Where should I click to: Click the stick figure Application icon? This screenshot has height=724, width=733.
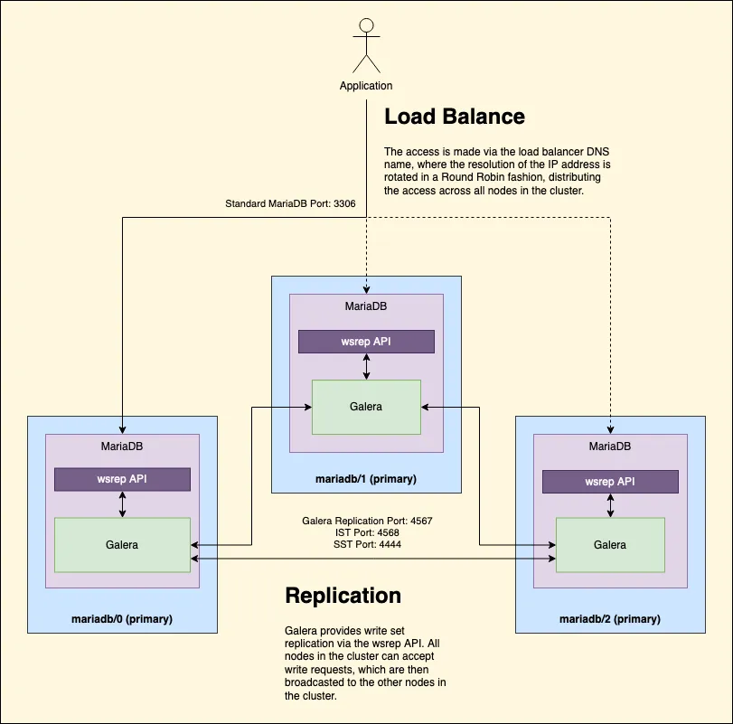366,45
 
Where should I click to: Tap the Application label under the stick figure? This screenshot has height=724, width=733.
366,86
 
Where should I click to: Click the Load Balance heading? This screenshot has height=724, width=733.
454,117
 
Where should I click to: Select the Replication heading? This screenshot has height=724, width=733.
343,596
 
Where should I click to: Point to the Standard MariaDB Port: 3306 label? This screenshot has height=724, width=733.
290,204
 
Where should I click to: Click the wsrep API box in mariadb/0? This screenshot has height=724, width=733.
122,480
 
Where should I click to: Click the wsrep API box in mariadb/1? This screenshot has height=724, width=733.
366,342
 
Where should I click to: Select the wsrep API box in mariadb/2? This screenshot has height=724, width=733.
610,481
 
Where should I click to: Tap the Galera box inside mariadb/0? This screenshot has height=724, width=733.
122,545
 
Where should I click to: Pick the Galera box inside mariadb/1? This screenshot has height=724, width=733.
366,407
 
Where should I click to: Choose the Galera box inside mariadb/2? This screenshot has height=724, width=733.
610,545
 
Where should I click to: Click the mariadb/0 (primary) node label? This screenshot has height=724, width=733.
122,619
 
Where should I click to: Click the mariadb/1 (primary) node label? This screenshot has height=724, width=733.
366,479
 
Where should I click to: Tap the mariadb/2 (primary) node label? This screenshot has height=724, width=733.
610,619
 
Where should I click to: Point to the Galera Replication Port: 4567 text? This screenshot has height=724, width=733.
366,522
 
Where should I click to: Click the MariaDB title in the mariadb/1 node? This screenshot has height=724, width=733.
366,306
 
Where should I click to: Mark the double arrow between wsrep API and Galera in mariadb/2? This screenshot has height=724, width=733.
610,505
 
